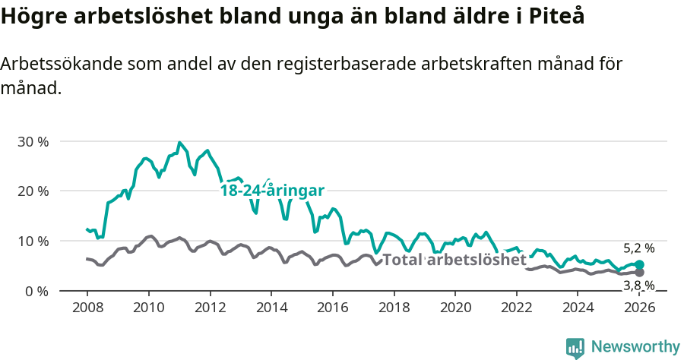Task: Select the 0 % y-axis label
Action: click(36, 291)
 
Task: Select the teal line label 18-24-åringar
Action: click(272, 191)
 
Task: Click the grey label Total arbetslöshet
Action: click(454, 260)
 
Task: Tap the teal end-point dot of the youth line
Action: click(639, 265)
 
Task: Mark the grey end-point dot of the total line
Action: click(639, 272)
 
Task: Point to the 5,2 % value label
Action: click(638, 248)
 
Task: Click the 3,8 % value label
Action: click(638, 286)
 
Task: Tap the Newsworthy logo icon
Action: click(575, 348)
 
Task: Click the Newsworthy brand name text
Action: click(635, 347)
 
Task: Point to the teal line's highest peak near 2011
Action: click(179, 142)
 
